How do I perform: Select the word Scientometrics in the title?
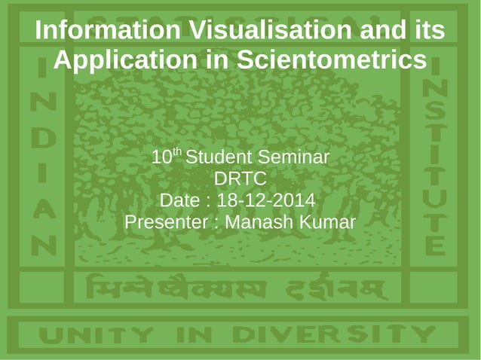(332, 59)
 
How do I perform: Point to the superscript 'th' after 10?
(178, 152)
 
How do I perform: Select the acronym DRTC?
(240, 180)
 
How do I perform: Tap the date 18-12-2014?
(265, 202)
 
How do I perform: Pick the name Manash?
(260, 223)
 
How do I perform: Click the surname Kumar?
(328, 223)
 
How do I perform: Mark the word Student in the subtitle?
(219, 158)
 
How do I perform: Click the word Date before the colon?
(181, 202)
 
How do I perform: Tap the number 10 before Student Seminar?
(161, 158)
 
